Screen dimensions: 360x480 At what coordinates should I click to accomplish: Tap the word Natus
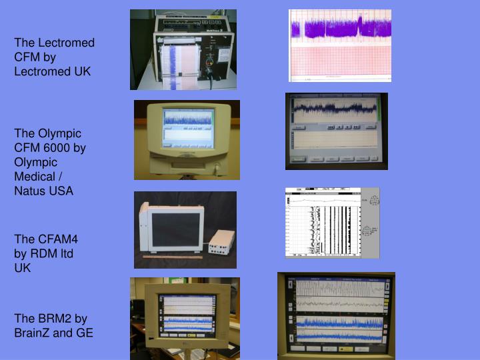tap(29, 191)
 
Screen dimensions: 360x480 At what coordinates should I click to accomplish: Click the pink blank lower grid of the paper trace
tap(339, 63)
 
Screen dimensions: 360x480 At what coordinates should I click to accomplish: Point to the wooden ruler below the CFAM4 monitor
tap(172, 257)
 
